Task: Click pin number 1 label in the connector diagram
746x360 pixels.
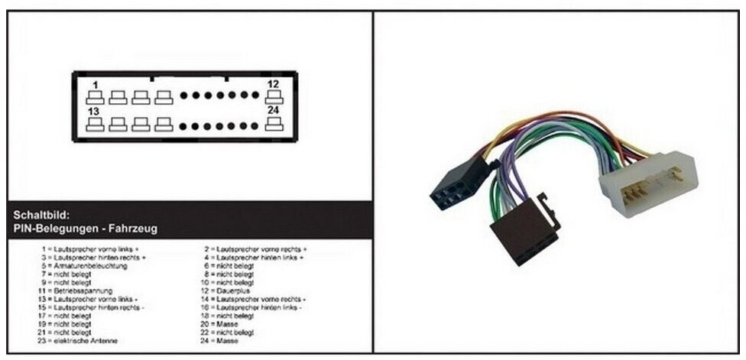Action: pyautogui.click(x=96, y=84)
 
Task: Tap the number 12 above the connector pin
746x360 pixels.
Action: pyautogui.click(x=273, y=84)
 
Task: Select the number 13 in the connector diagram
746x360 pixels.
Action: pyautogui.click(x=94, y=112)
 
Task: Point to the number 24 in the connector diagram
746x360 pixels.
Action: pyautogui.click(x=273, y=112)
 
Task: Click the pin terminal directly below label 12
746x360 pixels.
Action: pyautogui.click(x=274, y=97)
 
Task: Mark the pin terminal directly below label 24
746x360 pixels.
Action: pyautogui.click(x=274, y=124)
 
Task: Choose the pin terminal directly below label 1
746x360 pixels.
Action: pyautogui.click(x=96, y=97)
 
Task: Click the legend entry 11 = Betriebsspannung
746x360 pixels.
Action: pyautogui.click(x=76, y=291)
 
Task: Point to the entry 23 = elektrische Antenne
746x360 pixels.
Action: pyautogui.click(x=81, y=341)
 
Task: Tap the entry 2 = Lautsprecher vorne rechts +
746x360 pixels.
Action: pyautogui.click(x=255, y=249)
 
